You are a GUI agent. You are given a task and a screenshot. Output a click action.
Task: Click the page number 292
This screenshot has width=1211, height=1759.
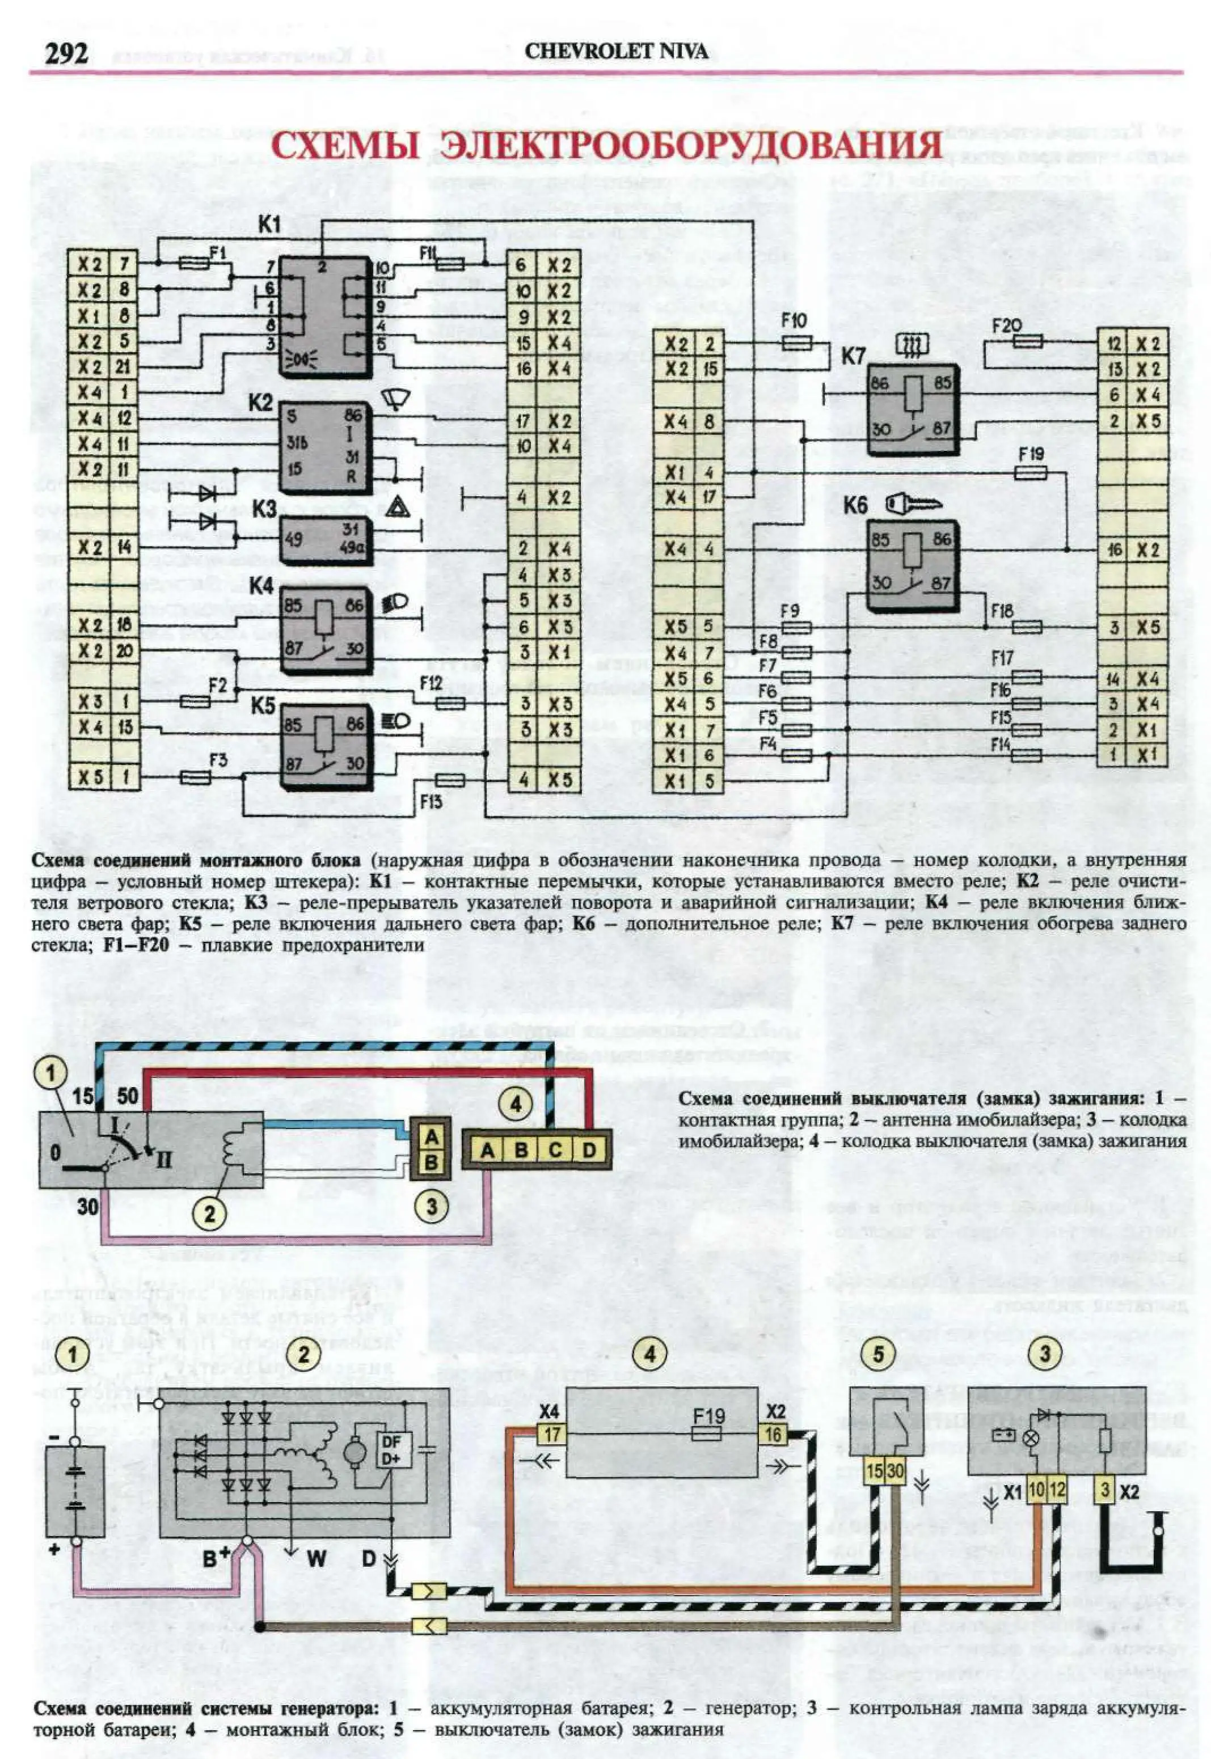coord(67,53)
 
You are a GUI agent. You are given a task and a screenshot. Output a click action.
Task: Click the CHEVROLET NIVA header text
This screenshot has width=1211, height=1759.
coord(616,52)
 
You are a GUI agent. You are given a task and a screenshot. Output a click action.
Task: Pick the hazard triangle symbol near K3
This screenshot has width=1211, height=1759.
coord(398,508)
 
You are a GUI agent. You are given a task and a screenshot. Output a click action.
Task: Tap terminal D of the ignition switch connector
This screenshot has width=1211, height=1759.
coord(589,1151)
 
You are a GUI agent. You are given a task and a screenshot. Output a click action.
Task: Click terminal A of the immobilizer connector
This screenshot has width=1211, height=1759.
coord(430,1137)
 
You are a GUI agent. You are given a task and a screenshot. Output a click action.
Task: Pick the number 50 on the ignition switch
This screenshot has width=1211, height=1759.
coord(128,1096)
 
